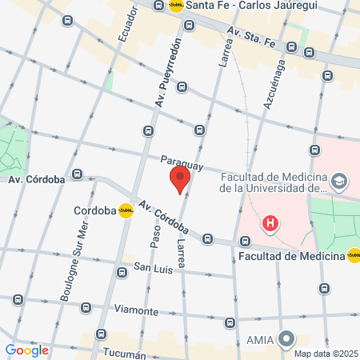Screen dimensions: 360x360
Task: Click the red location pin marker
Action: (180, 180)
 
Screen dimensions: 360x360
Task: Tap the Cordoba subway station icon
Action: (126, 211)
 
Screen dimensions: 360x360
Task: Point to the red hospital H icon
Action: (271, 223)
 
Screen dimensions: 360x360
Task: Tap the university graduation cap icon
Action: (339, 182)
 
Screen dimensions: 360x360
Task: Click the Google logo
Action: (26, 350)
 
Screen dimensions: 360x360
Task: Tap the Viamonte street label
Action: (136, 310)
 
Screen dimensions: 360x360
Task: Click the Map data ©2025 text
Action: (325, 354)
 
